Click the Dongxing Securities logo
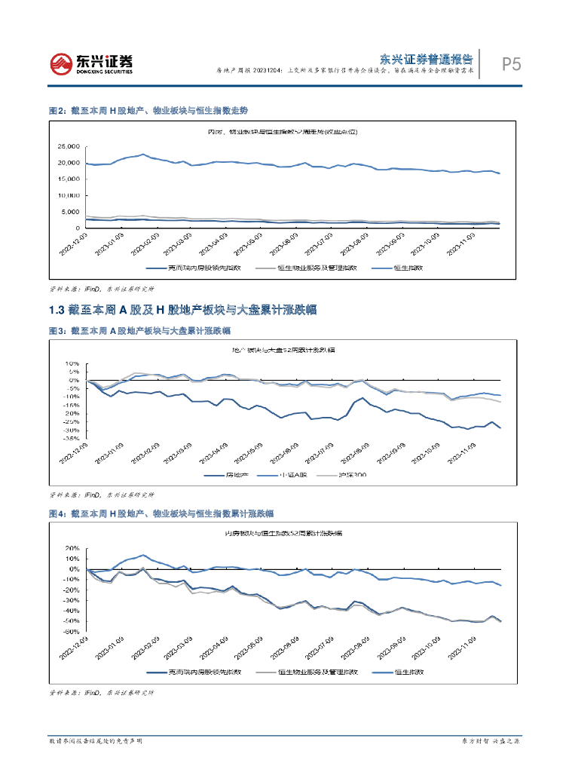pos(90,63)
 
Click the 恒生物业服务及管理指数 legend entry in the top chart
pos(312,268)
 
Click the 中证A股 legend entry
pos(301,476)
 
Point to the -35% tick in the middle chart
pos(74,438)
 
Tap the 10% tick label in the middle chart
pos(74,363)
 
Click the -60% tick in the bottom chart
pos(74,631)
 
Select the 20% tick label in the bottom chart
pos(74,548)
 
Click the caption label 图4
pos(57,513)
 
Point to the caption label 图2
pos(57,110)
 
